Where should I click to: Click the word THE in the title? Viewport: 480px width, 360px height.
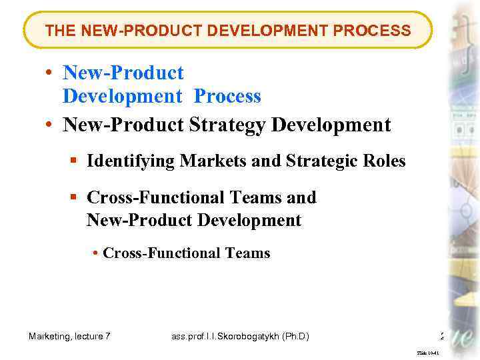59,31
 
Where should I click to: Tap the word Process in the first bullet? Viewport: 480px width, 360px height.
227,97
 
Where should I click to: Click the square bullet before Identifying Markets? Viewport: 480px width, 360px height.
75,161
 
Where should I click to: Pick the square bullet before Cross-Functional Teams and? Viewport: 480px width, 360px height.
75,198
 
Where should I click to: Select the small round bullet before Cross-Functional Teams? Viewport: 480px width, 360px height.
97,253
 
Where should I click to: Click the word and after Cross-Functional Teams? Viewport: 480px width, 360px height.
301,198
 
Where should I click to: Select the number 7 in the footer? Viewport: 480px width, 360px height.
108,337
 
